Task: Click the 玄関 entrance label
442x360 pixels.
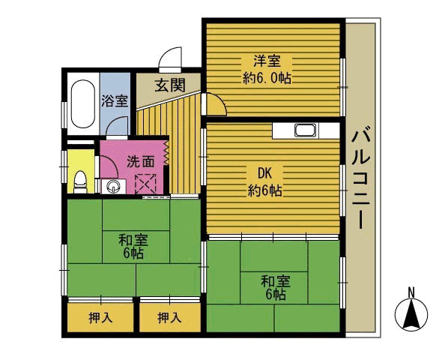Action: [x=170, y=85]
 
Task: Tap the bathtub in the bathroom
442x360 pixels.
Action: [x=82, y=104]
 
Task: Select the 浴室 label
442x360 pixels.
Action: [x=115, y=100]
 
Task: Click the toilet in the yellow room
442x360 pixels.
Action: [x=80, y=182]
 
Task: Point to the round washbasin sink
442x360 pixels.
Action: [x=114, y=187]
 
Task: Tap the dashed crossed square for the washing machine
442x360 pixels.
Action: [x=145, y=184]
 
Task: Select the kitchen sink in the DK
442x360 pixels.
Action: [x=306, y=131]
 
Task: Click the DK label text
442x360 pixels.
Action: [x=265, y=173]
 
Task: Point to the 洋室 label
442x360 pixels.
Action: [x=267, y=61]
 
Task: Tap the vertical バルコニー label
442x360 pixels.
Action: [x=361, y=178]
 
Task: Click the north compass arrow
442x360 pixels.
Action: [x=411, y=314]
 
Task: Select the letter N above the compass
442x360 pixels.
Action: [x=411, y=292]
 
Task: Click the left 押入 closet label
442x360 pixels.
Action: [x=100, y=318]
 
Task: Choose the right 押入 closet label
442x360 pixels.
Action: [x=169, y=318]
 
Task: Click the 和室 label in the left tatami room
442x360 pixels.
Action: [x=133, y=241]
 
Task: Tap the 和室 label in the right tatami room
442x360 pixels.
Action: [x=276, y=281]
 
